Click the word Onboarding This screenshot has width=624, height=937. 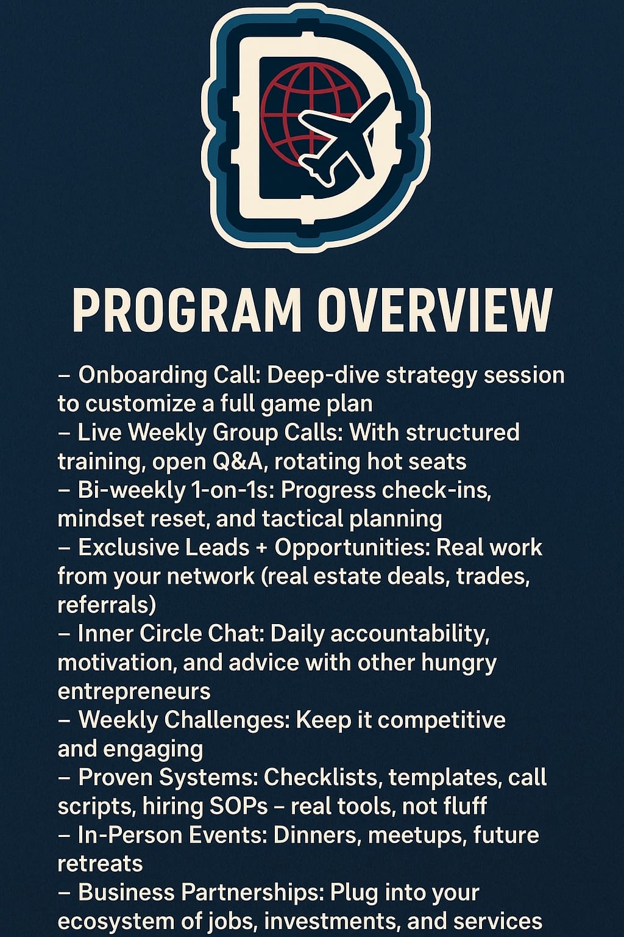(x=143, y=376)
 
